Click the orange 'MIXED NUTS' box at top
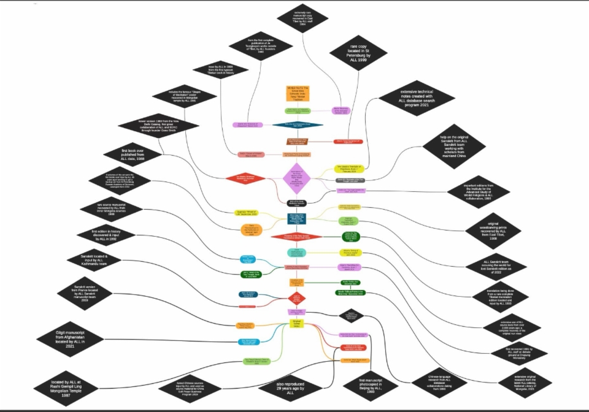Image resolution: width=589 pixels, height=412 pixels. (298, 93)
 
